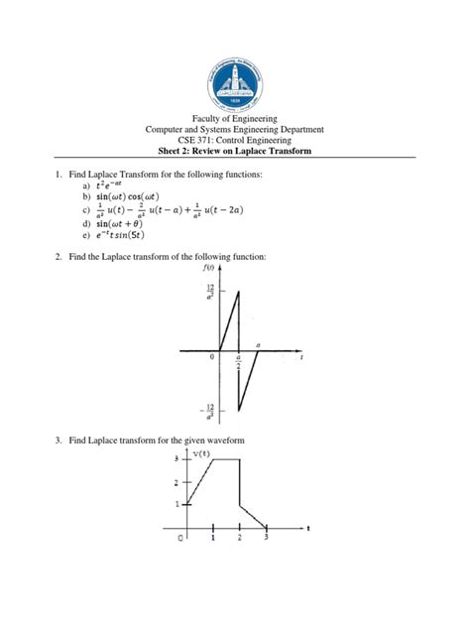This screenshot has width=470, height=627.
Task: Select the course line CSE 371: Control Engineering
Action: tap(235, 141)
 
